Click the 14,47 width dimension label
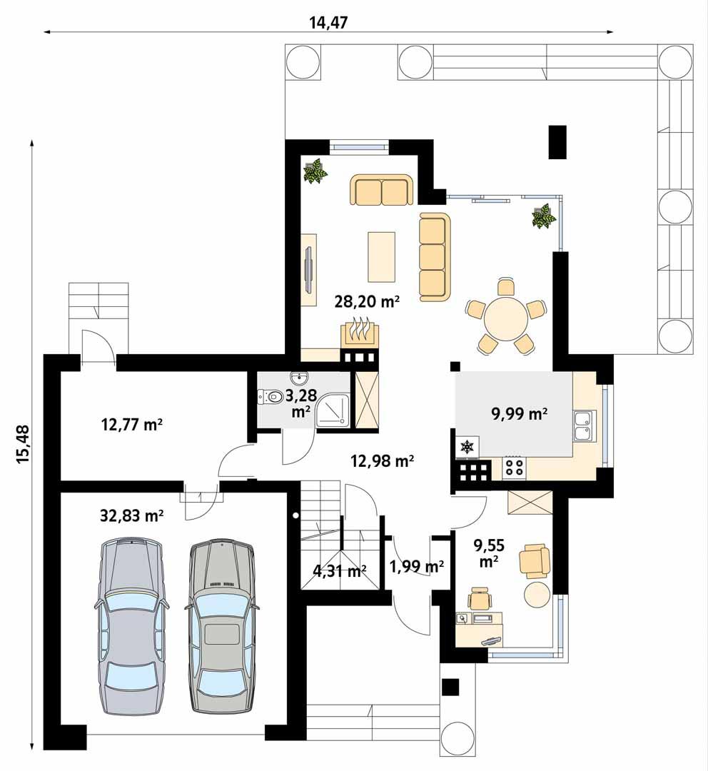328,21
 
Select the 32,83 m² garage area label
133,515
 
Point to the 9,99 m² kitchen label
520,413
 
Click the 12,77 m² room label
133,425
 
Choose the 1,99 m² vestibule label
417,567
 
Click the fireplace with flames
359,334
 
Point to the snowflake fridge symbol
467,448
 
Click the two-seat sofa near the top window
382,191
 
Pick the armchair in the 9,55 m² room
535,560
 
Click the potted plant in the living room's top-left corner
315,171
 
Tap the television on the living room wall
309,270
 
